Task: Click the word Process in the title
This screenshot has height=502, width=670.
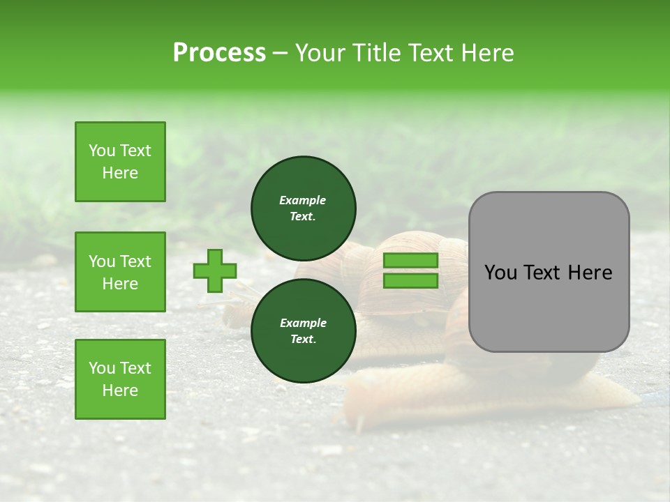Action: coord(219,53)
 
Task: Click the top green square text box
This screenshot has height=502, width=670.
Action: coord(120,162)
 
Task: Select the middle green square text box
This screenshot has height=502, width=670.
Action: coord(120,272)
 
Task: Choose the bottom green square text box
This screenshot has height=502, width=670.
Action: coord(120,379)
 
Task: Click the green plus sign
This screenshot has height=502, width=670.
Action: coord(215,271)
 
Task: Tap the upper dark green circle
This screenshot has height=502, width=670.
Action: coord(303,208)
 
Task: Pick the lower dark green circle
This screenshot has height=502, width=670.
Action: coord(303,330)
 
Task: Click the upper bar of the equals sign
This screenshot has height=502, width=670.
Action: coord(410,261)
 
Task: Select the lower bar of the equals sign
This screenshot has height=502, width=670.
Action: coord(410,280)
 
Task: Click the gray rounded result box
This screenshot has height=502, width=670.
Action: coord(549,272)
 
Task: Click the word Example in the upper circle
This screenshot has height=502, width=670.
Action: coord(303,200)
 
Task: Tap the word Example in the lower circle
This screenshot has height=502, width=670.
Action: coord(303,323)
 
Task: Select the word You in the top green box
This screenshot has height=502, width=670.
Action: coord(101,151)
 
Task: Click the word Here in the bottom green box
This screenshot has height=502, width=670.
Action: coord(120,390)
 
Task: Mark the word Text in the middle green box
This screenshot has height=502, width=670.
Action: coord(135,261)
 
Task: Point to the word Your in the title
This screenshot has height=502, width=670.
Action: coord(322,53)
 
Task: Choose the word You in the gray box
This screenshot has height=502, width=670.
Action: coord(500,273)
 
